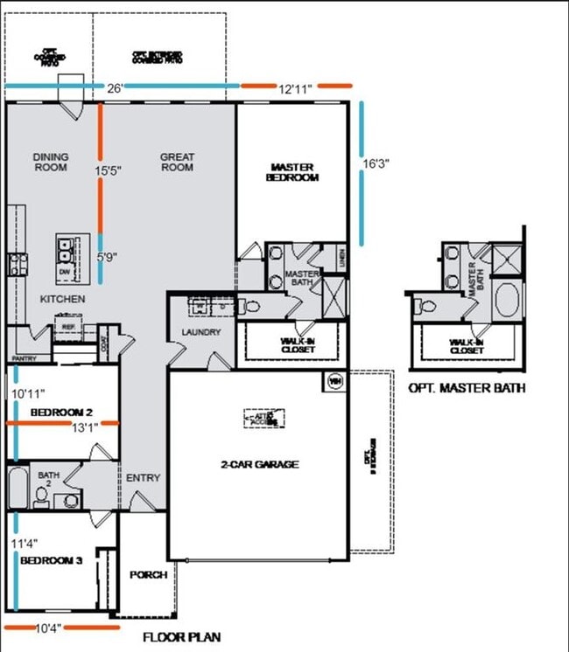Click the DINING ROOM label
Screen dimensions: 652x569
[51, 162]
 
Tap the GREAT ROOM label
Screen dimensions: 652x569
[177, 162]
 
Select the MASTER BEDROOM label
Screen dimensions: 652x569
[293, 171]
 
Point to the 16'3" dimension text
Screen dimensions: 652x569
[376, 163]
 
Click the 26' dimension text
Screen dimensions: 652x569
[115, 87]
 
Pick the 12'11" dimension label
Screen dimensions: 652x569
[296, 87]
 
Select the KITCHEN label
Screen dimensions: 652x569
[62, 299]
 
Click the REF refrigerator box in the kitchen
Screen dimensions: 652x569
[68, 327]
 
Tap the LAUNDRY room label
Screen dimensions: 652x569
[201, 332]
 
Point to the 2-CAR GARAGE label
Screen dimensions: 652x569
[259, 464]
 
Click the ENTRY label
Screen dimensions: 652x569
[143, 477]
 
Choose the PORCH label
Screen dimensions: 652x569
[148, 574]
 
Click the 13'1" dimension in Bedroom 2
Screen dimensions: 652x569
[84, 427]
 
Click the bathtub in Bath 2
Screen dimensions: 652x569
[18, 487]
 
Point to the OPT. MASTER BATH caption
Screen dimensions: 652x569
[467, 388]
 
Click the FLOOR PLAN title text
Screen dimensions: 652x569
[181, 637]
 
